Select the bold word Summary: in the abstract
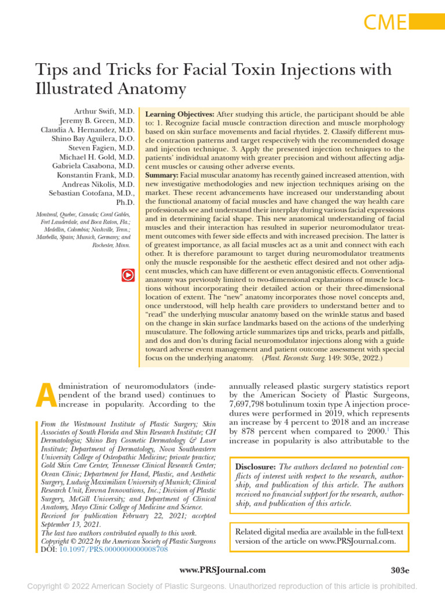pos(162,175)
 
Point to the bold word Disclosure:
pos(256,467)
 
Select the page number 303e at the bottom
pos(400,570)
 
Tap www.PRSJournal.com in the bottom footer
pos(222,570)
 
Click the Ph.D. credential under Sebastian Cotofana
pos(125,203)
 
